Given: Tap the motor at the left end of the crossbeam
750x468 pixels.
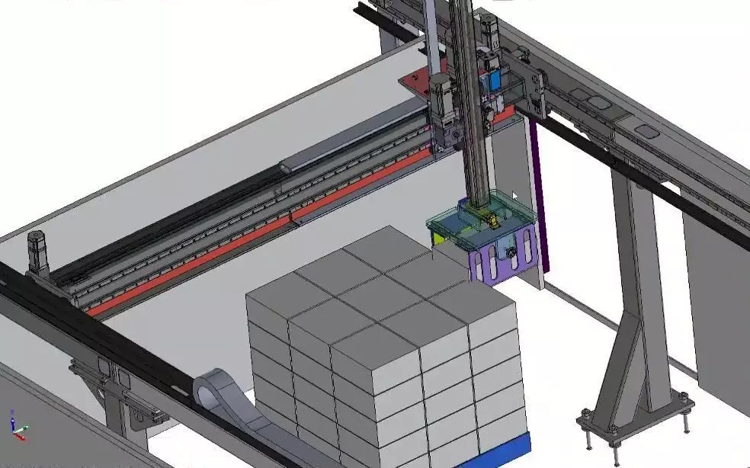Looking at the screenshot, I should click(x=37, y=252).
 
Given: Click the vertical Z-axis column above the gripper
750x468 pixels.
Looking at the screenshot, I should click(x=469, y=114).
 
